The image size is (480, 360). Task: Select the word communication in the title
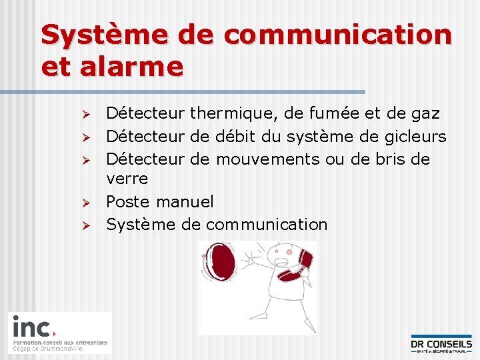coord(343,35)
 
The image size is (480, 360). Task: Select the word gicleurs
coord(415,137)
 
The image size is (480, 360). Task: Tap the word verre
coord(127,179)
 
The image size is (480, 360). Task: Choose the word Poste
coord(129,201)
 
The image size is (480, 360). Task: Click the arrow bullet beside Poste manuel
coord(85,202)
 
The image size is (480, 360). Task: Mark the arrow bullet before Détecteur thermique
coord(85,115)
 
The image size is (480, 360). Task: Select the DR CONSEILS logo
coord(441,343)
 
